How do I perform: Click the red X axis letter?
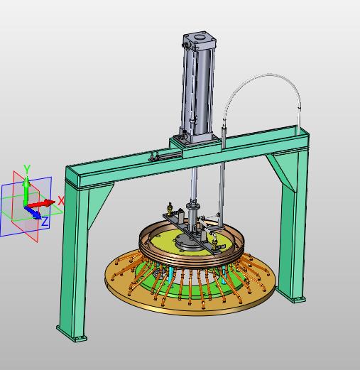pyautogui.click(x=61, y=201)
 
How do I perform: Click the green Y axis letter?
pyautogui.click(x=27, y=169)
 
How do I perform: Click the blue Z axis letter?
pyautogui.click(x=45, y=222)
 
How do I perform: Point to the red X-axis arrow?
pyautogui.click(x=41, y=203)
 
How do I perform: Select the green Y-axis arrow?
pyautogui.click(x=26, y=191)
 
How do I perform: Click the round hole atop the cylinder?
pyautogui.click(x=200, y=37)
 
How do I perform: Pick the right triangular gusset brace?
pyautogui.click(x=283, y=170)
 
